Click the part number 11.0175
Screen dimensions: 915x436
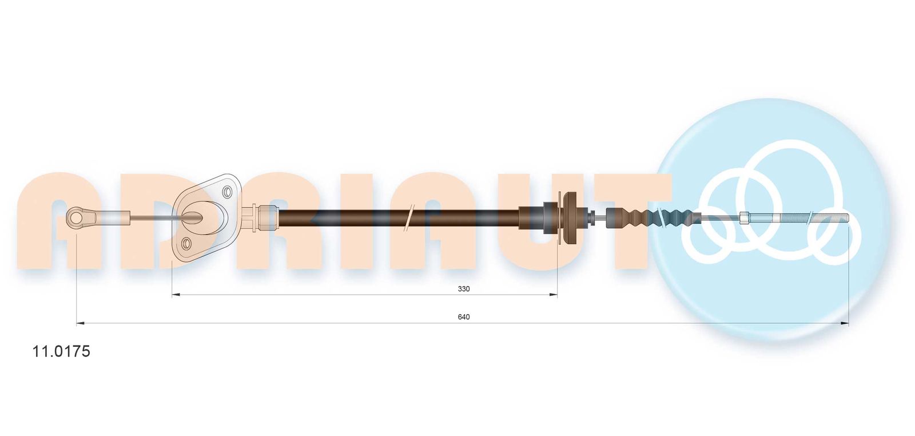pyautogui.click(x=61, y=351)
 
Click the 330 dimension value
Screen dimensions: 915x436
pyautogui.click(x=464, y=289)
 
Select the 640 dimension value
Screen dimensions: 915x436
pyautogui.click(x=464, y=317)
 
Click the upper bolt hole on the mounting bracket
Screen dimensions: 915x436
pyautogui.click(x=227, y=192)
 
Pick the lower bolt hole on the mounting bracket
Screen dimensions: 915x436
pyautogui.click(x=186, y=244)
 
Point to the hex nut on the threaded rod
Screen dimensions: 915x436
pyautogui.click(x=745, y=218)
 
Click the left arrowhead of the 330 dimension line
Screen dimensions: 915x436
pyautogui.click(x=176, y=295)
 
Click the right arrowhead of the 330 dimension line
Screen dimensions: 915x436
pyautogui.click(x=553, y=295)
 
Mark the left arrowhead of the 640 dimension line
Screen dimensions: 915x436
pyautogui.click(x=81, y=323)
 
